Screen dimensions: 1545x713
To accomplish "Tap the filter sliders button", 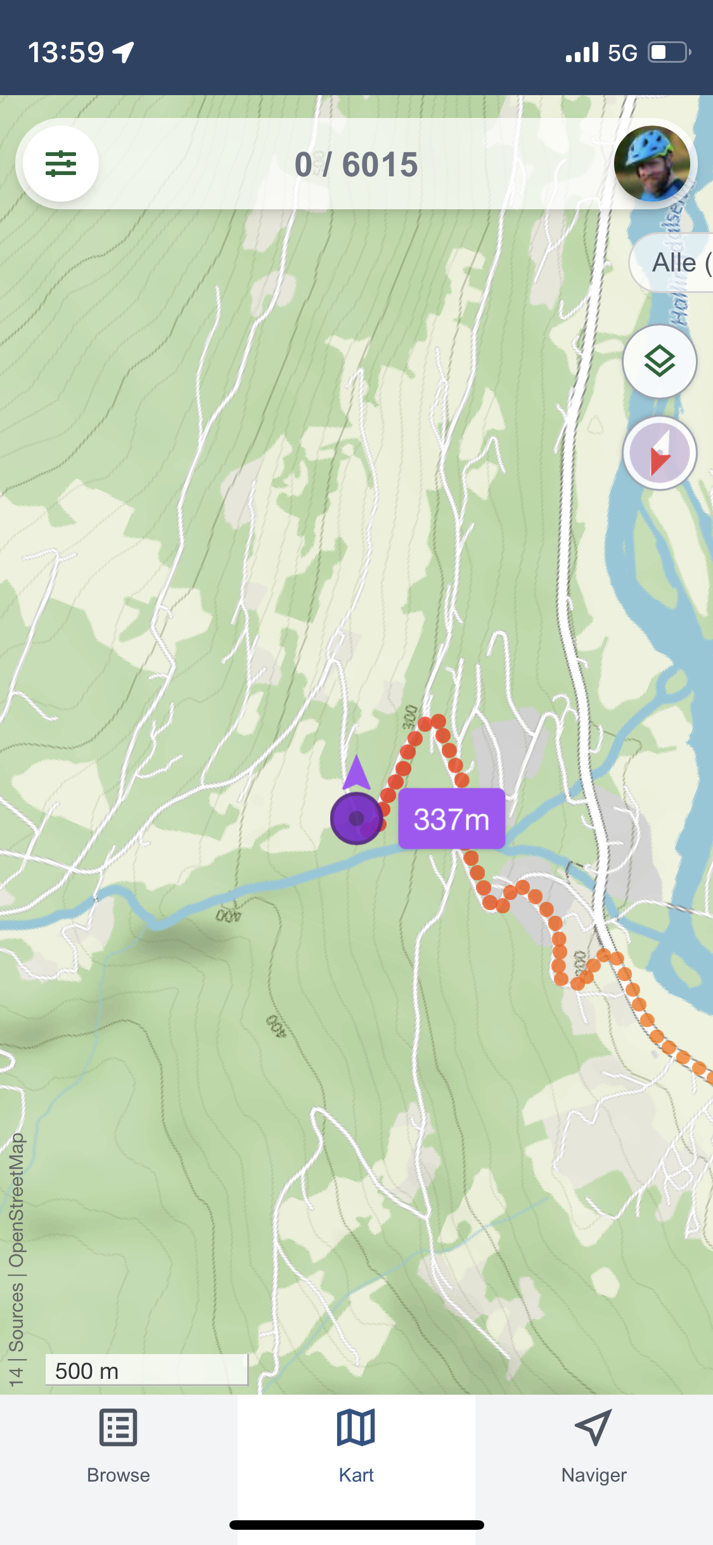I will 61,164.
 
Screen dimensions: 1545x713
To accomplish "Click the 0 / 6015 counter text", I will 356,165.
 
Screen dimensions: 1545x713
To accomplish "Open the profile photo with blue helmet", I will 652,164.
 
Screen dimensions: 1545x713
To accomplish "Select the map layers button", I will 659,362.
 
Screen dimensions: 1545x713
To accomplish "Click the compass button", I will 659,453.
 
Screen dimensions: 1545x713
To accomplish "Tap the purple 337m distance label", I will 451,819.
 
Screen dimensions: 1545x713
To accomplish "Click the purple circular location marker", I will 356,818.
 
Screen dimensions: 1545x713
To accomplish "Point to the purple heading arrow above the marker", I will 356,772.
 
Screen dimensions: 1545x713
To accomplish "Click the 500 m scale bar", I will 146,1371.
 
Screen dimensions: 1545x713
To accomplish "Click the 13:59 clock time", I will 66,52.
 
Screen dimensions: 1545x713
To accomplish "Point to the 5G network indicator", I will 622,53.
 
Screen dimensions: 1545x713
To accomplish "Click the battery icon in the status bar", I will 669,52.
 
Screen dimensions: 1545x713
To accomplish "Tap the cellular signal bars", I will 582,53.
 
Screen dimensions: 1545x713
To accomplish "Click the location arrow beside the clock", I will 124,52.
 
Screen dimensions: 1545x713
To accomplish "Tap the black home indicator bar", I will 356,1525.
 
